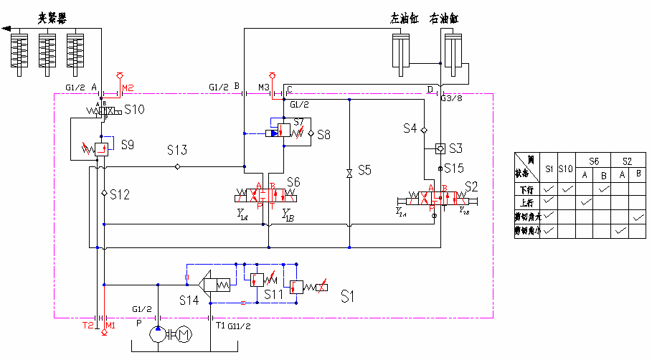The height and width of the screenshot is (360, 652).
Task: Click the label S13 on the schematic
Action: tap(177, 151)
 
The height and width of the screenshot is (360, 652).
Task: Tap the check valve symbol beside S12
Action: tap(104, 194)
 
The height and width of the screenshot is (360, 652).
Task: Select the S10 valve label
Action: tap(134, 110)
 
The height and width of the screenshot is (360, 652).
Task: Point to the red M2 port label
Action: tap(128, 88)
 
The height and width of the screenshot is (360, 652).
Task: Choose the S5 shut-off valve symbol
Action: tap(349, 172)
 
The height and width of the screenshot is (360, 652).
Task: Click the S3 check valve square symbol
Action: tap(440, 148)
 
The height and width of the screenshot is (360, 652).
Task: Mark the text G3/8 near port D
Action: tap(453, 98)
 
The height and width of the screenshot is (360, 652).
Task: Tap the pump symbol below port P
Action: tap(156, 334)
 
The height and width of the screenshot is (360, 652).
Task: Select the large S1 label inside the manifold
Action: tap(349, 295)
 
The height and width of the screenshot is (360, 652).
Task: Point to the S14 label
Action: tap(189, 300)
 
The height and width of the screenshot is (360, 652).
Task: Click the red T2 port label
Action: tap(87, 326)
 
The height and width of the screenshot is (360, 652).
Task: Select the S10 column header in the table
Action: tap(565, 169)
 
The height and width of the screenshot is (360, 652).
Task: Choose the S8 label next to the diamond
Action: tap(323, 133)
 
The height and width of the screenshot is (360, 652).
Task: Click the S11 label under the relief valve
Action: tap(274, 295)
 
